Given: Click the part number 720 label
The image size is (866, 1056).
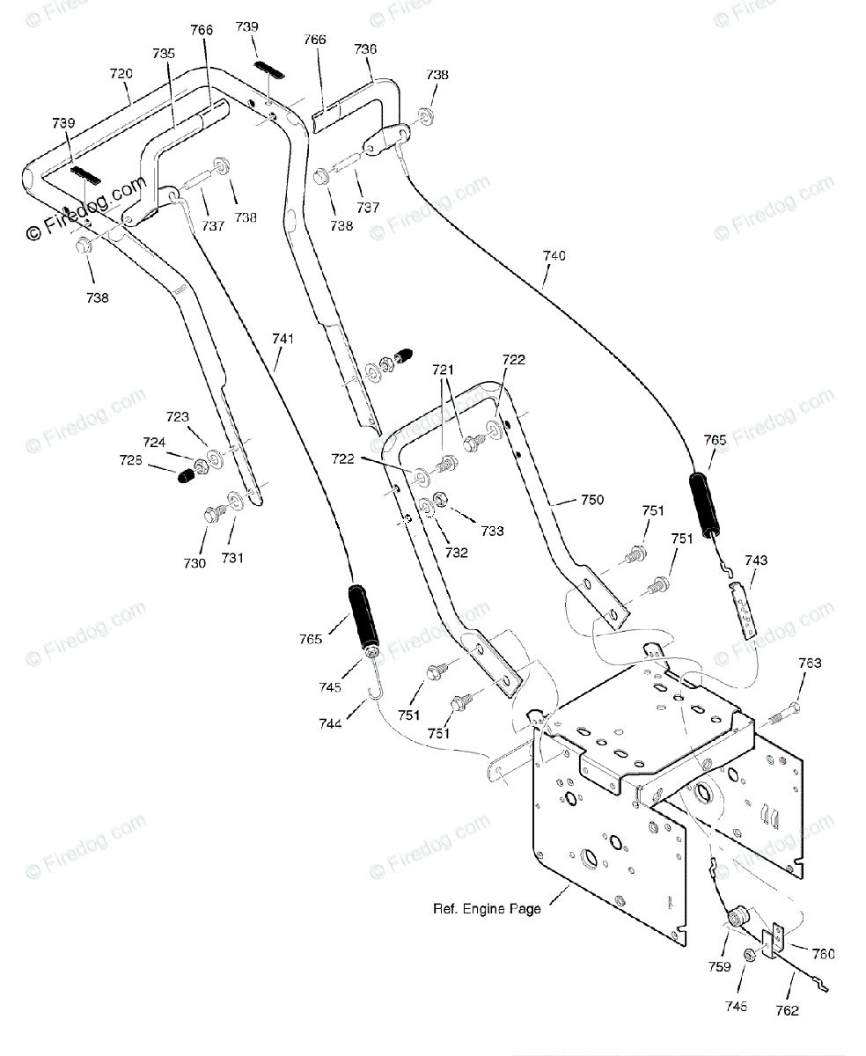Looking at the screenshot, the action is (x=121, y=74).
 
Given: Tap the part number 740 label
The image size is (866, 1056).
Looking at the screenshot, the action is (x=554, y=256).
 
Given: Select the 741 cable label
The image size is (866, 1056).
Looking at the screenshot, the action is (x=283, y=339).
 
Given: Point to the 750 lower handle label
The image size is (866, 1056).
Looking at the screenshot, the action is (x=592, y=500).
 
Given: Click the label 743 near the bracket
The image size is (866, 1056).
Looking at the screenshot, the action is (x=756, y=561).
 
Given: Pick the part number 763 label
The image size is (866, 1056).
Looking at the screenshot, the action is (x=811, y=663).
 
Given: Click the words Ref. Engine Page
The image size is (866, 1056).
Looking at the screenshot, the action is (x=487, y=909).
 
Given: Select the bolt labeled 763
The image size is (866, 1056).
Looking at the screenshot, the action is (x=784, y=715).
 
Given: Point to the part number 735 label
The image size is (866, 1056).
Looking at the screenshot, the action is (x=164, y=54).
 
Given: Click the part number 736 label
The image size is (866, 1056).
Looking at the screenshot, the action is (x=365, y=49).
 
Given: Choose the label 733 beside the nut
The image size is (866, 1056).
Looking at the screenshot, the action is (x=492, y=531).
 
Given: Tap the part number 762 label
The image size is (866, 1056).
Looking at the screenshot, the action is (x=787, y=1011).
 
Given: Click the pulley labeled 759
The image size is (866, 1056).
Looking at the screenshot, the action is (x=736, y=918).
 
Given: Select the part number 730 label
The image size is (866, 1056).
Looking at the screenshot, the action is (x=194, y=563).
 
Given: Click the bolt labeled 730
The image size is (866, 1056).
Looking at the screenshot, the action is (x=216, y=513).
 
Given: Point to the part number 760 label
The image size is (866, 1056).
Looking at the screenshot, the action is (x=824, y=954).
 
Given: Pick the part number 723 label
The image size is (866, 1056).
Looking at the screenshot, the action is (x=178, y=417).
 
